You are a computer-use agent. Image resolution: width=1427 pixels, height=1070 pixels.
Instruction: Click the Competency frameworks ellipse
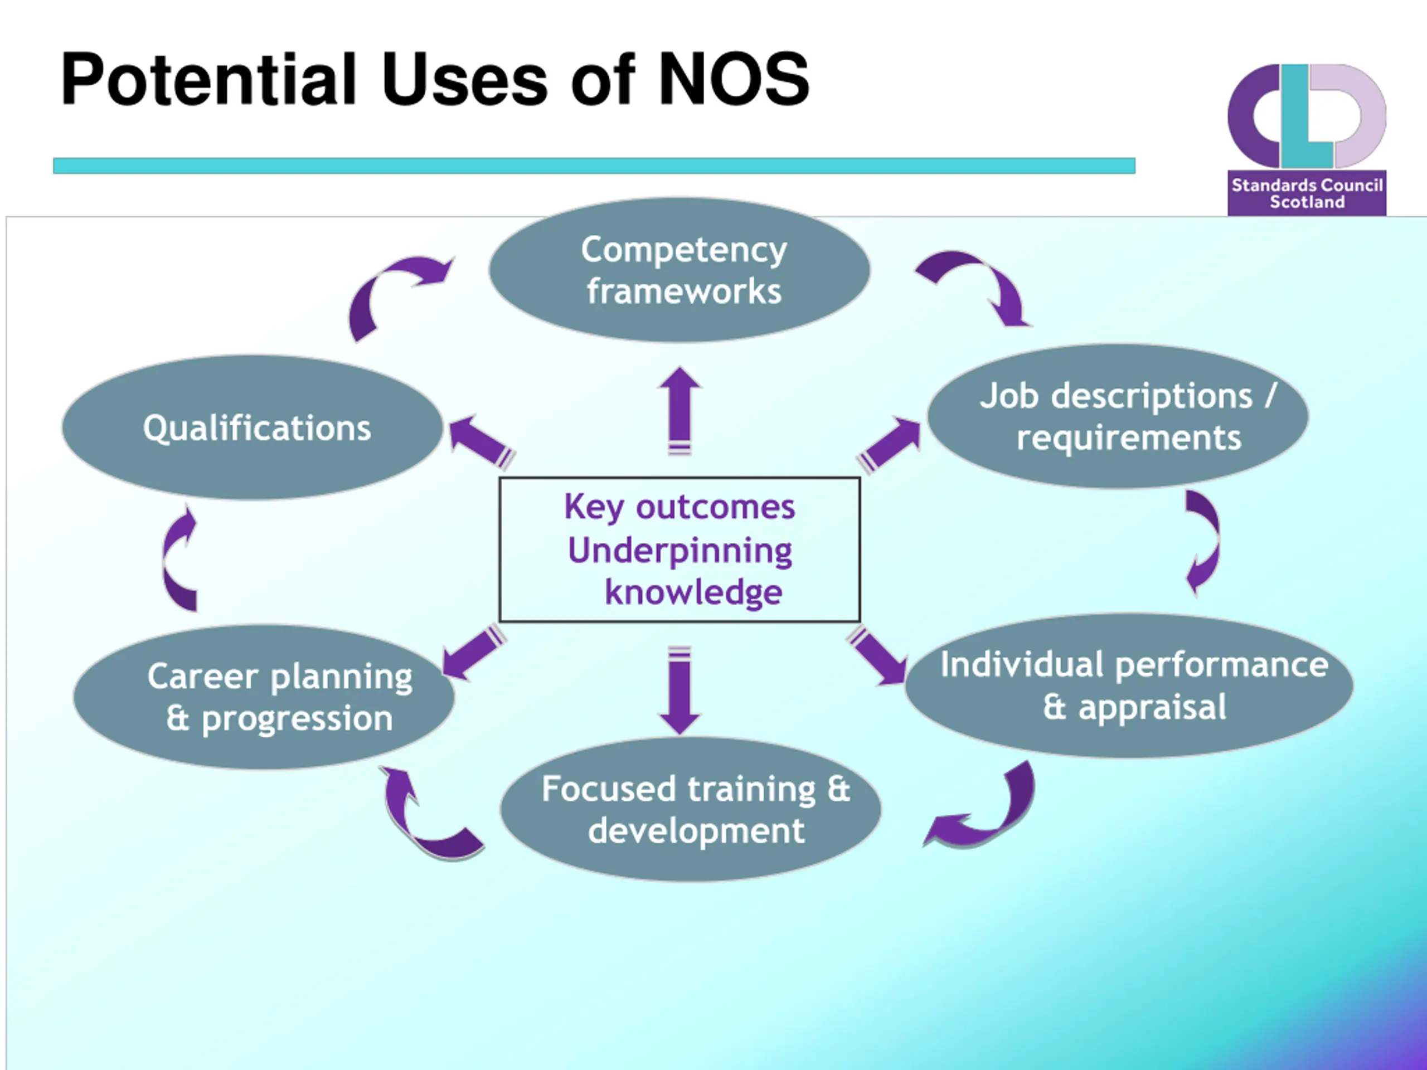pos(679,270)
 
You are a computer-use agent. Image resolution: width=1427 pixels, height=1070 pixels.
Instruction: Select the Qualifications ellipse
pos(253,427)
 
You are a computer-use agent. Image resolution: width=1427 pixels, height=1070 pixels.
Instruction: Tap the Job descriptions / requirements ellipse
pos(1118,416)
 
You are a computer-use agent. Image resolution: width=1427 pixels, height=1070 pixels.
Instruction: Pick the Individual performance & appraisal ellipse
pos(1129,685)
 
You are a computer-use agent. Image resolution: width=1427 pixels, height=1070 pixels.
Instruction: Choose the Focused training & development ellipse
pos(690,809)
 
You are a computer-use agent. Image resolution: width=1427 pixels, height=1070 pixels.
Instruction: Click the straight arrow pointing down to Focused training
pos(680,690)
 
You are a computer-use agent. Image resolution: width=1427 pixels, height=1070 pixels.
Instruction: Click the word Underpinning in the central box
pos(680,550)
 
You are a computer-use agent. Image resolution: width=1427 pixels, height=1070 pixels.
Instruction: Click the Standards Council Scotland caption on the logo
pos(1307,193)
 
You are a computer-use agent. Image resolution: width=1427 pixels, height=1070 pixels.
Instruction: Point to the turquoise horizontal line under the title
pos(594,166)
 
